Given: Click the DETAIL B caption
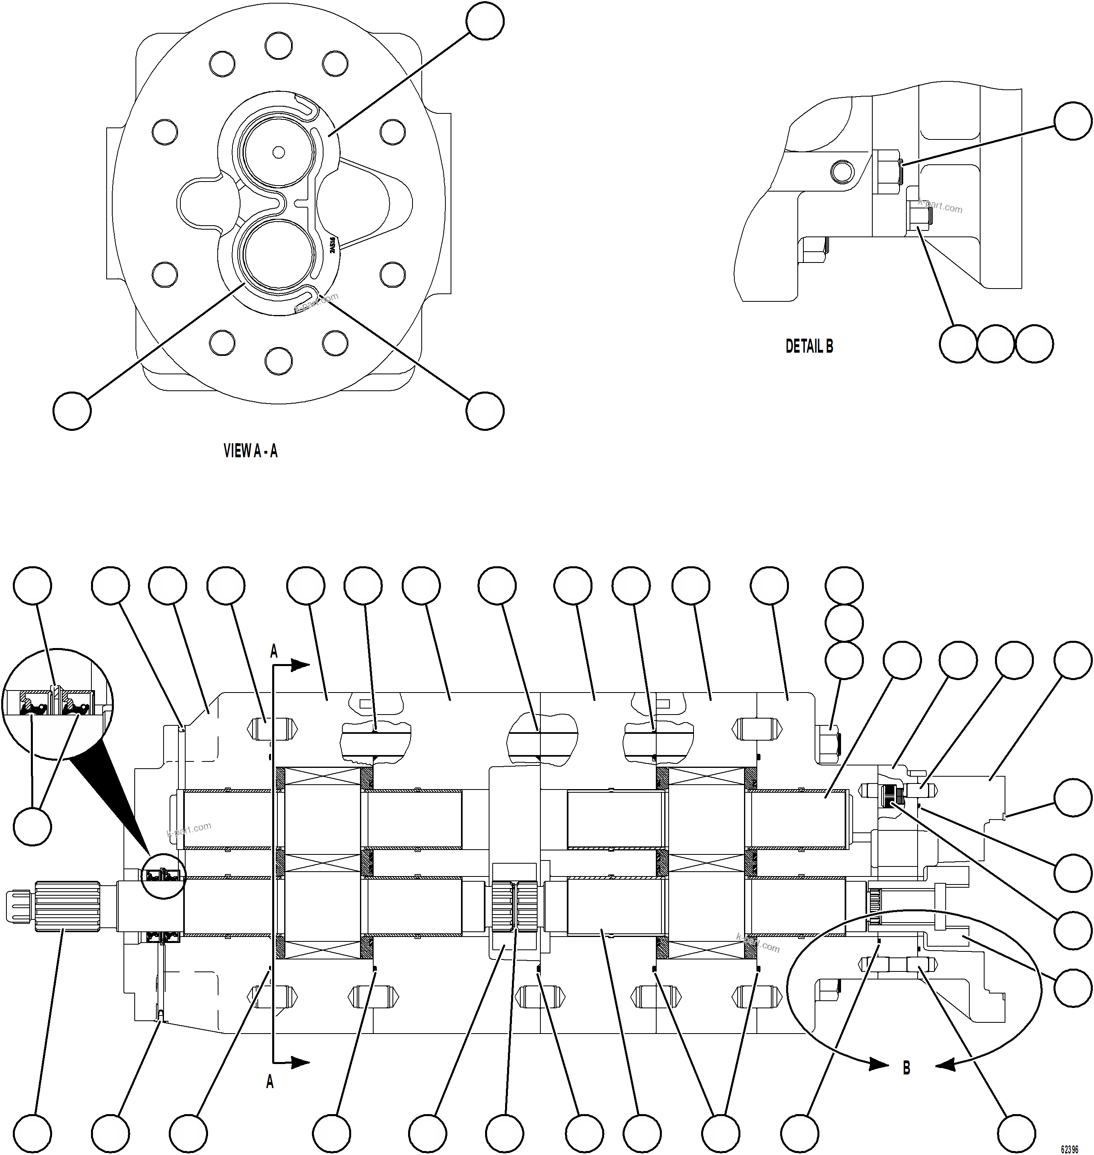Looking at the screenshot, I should click(x=809, y=346).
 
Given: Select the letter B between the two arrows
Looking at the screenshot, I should click(x=906, y=1068).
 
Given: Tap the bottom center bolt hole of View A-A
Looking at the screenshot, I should click(x=278, y=361).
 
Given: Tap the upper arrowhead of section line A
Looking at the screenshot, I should click(x=300, y=664).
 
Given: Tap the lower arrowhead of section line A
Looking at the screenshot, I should click(x=300, y=1062).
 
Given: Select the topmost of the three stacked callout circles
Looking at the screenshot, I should click(x=844, y=586).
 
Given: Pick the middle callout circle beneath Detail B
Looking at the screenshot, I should click(x=996, y=344).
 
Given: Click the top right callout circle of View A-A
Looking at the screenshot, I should click(x=485, y=22).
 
